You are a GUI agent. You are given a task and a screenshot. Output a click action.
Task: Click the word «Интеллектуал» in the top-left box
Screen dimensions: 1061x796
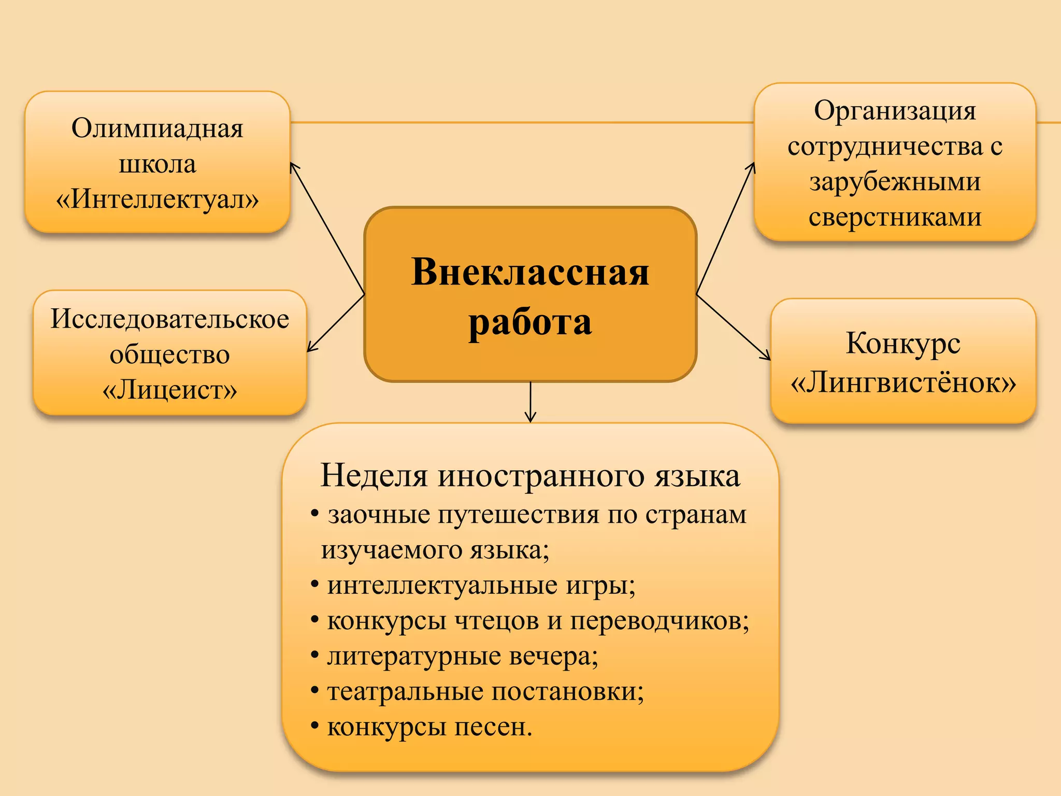[157, 199]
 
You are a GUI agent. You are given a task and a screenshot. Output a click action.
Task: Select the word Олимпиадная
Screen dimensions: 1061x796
[157, 129]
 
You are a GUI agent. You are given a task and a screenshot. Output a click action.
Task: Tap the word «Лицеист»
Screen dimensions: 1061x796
[170, 390]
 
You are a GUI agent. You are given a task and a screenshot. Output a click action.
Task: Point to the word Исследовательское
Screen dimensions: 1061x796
[170, 319]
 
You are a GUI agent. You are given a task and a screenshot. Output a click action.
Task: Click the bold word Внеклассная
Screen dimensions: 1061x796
[530, 272]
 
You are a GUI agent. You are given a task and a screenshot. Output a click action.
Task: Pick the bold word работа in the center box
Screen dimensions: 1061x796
[530, 322]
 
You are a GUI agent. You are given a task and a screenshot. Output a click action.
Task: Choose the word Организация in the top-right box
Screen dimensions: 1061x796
[895, 110]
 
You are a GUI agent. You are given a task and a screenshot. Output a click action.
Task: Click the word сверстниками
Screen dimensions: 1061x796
[895, 217]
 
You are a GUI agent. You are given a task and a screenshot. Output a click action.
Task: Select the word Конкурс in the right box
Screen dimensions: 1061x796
[903, 343]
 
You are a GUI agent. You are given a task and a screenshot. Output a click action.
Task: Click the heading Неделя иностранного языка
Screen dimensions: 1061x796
[530, 475]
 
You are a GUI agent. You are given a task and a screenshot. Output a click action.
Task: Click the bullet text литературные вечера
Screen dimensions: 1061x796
[463, 656]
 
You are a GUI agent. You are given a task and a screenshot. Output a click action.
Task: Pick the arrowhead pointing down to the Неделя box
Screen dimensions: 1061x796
[530, 418]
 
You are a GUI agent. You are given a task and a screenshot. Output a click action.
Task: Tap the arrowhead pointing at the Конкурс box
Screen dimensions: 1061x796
[767, 357]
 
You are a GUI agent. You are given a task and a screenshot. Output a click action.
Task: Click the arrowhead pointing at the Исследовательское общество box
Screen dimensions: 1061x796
[310, 349]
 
